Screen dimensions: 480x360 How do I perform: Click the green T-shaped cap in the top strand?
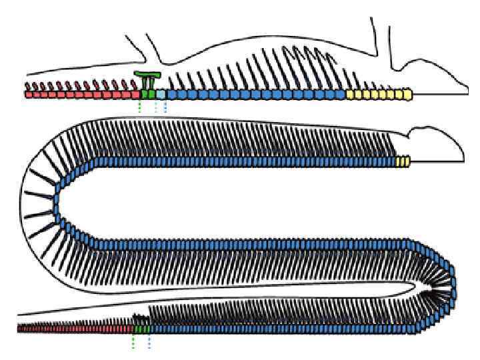tap(147, 74)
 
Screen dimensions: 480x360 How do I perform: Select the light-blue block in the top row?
tap(160, 95)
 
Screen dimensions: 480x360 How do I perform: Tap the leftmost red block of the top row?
tap(29, 95)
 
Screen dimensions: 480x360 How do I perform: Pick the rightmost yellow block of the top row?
tap(408, 95)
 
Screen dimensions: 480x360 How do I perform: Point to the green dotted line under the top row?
tap(139, 107)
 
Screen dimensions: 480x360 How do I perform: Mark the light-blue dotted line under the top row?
tap(156, 107)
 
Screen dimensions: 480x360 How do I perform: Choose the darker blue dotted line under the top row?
tap(165, 107)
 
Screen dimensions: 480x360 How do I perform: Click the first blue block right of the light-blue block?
tap(169, 95)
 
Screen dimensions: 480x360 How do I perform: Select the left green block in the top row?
tap(143, 95)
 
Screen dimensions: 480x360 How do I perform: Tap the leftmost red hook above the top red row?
tap(28, 85)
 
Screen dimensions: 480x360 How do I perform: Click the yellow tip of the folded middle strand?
tap(402, 162)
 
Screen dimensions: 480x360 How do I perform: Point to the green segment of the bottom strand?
tap(142, 329)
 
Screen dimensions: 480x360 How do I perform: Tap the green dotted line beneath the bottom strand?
tap(133, 341)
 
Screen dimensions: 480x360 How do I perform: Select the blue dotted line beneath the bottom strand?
tap(149, 341)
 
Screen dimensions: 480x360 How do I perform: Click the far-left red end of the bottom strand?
tap(20, 329)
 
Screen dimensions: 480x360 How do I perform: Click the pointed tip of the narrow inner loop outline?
tap(415, 287)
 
